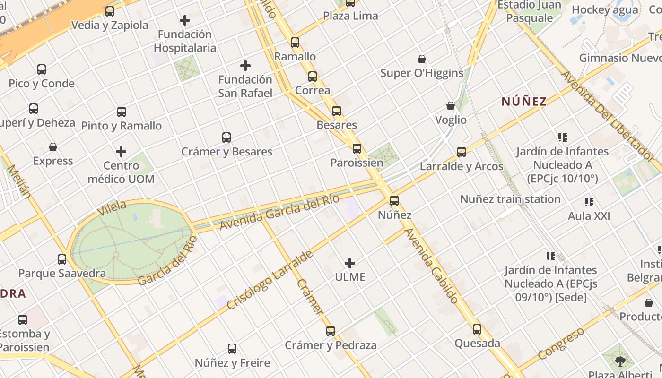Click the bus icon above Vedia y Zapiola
pos(110,11)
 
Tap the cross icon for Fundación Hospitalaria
pos(185,20)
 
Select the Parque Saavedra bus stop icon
pos(62,259)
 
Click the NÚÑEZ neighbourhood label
pos(524,102)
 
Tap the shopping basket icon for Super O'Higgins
pos(422,59)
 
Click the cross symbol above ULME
pos(350,263)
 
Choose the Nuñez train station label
pos(510,199)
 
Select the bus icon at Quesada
pos(477,329)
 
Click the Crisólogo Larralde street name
pos(270,280)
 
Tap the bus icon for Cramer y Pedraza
pos(331,331)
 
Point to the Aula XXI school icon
pos(589,202)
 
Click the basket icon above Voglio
pos(451,106)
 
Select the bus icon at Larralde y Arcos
pos(462,152)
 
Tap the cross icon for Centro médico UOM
pos(121,152)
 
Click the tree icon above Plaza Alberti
pos(620,361)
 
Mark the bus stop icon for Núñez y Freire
pos(232,349)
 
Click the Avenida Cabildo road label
pos(431,266)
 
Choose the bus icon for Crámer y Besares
pos(226,137)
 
